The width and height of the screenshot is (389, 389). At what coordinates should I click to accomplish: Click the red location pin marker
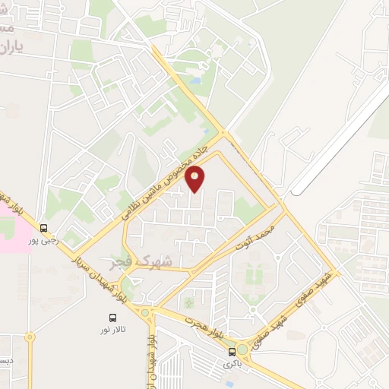click(195, 179)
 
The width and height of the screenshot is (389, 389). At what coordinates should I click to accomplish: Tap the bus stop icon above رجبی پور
click(43, 227)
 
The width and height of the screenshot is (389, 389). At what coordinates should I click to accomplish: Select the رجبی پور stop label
click(43, 240)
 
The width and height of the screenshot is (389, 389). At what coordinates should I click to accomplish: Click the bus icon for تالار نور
click(113, 317)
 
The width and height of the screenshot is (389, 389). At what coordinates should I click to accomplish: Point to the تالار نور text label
click(113, 330)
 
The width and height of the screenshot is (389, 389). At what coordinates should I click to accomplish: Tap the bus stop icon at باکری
click(232, 351)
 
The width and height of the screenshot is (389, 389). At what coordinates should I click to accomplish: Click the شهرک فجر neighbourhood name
click(148, 261)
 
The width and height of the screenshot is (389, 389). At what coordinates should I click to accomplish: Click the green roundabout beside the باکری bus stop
click(243, 349)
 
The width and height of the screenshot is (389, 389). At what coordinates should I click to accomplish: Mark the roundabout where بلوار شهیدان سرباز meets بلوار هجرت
click(145, 312)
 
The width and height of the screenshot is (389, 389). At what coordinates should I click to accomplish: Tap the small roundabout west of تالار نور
click(30, 336)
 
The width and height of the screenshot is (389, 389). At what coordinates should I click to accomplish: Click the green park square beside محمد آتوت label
click(245, 210)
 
